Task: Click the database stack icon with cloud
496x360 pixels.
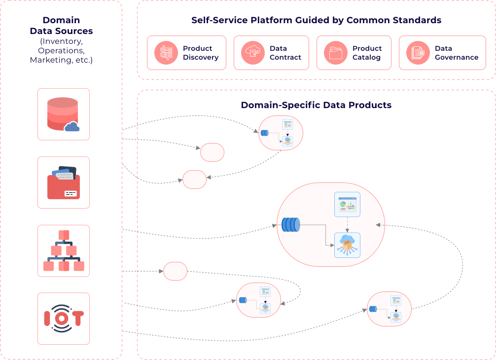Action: tap(63, 114)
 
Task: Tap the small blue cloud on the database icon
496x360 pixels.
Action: tap(72, 127)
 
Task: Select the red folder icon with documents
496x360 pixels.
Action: tap(63, 182)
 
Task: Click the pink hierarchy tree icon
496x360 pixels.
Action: tap(64, 251)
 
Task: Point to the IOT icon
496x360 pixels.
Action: tap(63, 319)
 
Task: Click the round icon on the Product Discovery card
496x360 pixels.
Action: tap(164, 53)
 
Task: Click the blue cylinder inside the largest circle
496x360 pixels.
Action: tap(290, 225)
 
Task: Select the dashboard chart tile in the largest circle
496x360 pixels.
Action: tap(347, 204)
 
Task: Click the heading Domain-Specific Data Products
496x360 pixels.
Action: tap(316, 105)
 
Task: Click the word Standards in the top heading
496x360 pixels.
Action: tap(420, 21)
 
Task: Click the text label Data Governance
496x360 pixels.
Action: tap(456, 53)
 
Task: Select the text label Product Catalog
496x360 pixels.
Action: tap(367, 53)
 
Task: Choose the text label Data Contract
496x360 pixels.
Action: tap(285, 53)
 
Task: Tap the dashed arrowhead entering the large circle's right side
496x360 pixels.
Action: tap(379, 224)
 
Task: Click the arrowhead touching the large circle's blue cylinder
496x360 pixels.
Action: tap(274, 226)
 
